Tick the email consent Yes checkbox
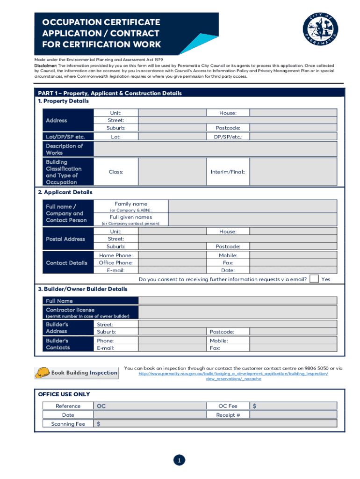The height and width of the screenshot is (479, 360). point(315,279)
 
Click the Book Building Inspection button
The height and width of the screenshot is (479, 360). point(76,372)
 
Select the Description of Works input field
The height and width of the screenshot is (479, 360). point(215,149)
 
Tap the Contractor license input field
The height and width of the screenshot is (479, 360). point(238,312)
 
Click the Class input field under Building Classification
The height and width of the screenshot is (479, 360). point(173,172)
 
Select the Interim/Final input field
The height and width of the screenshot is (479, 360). point(293,172)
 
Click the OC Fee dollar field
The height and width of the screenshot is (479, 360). point(293,406)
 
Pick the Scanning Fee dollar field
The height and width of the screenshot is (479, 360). point(215,424)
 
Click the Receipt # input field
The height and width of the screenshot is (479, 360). point(293,415)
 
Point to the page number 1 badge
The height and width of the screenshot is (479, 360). point(179,461)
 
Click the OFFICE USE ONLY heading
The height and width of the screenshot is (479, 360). point(64,394)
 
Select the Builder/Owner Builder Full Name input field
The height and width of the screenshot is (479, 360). point(238,301)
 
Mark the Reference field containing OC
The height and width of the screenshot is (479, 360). point(150,406)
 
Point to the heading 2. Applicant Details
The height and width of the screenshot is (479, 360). point(65,192)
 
